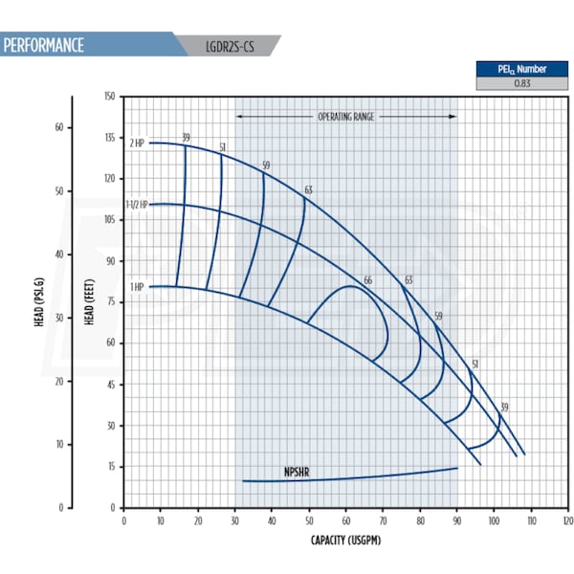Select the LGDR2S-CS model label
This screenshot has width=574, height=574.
(x=231, y=45)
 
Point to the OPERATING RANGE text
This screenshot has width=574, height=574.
(x=346, y=116)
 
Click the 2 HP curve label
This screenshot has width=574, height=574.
(x=138, y=143)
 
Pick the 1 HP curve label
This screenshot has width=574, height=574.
(x=138, y=287)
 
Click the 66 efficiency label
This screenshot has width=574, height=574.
(x=367, y=280)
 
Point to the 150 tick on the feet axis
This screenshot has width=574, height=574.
(x=108, y=97)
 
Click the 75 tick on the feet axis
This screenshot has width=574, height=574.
(x=110, y=301)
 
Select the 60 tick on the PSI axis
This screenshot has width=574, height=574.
(x=58, y=127)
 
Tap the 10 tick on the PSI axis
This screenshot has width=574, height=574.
(x=58, y=444)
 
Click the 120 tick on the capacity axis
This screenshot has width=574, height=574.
(x=567, y=521)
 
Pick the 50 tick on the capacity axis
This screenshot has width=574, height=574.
(x=309, y=521)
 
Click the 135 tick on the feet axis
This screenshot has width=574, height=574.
(x=108, y=138)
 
